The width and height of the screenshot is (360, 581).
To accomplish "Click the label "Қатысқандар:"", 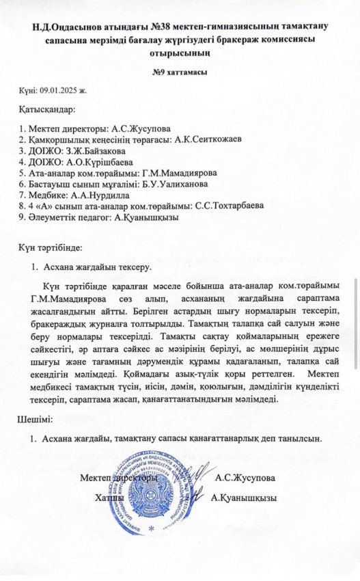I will click(x=47, y=109).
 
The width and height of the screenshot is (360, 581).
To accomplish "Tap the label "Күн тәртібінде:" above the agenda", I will click(x=51, y=245).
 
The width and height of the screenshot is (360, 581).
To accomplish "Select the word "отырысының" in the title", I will click(x=180, y=51).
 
